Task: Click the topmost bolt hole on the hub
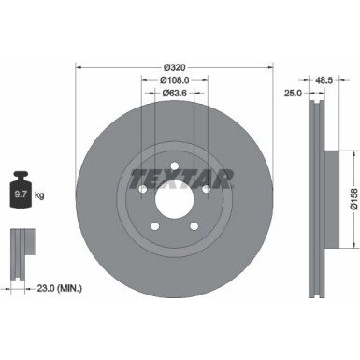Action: (174, 166)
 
